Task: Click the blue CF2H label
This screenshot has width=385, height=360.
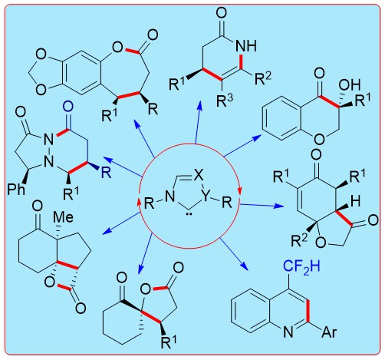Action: [301, 268]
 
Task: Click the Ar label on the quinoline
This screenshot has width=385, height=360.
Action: [329, 332]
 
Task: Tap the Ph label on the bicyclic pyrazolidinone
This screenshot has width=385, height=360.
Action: [16, 190]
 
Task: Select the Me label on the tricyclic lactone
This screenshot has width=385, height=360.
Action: [63, 217]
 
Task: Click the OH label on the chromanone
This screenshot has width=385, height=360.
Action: [350, 85]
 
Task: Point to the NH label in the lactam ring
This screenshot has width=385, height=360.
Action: [246, 46]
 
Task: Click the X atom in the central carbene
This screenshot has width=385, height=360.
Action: [199, 176]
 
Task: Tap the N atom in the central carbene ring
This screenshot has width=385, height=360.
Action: [169, 197]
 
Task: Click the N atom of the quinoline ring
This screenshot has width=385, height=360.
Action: [288, 332]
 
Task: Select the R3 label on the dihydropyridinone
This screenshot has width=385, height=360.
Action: [225, 101]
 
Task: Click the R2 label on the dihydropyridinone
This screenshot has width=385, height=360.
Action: [263, 78]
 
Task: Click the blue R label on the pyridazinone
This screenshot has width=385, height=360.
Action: [106, 173]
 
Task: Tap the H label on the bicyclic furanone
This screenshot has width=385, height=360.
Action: [355, 201]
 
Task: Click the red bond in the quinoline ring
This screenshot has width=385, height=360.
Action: [308, 311]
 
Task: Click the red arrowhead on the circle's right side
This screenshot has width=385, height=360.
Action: [239, 191]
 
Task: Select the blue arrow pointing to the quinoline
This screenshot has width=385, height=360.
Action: [234, 254]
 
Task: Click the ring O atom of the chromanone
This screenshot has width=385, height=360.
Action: [320, 139]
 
